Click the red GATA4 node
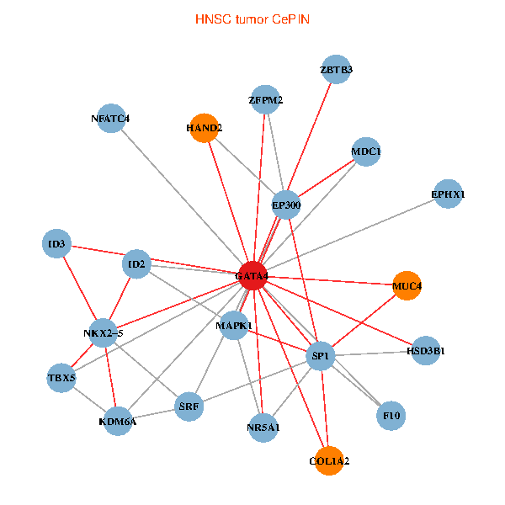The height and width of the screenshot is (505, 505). [x=253, y=276]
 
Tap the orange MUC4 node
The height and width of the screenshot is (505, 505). [x=407, y=285]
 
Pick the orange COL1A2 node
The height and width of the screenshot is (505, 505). [x=329, y=461]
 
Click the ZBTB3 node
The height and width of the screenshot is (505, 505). [x=337, y=69]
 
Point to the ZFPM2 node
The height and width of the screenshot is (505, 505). [x=265, y=100]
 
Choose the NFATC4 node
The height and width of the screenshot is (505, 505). [x=110, y=118]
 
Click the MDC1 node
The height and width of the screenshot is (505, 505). [x=365, y=151]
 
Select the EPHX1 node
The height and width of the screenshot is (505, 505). [x=448, y=194]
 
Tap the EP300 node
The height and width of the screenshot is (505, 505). [x=286, y=205]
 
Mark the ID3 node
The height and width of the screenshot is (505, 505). [x=56, y=245]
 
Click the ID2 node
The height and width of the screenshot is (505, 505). [x=136, y=265]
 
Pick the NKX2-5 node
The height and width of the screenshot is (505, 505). [x=104, y=333]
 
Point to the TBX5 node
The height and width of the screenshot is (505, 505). [x=61, y=379]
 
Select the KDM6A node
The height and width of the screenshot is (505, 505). [x=118, y=421]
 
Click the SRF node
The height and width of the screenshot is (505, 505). [x=189, y=407]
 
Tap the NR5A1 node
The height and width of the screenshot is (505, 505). [x=263, y=427]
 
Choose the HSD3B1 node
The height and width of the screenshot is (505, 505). [x=426, y=350]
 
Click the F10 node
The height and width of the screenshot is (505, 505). [x=391, y=415]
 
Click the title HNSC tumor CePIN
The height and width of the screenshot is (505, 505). [x=252, y=19]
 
